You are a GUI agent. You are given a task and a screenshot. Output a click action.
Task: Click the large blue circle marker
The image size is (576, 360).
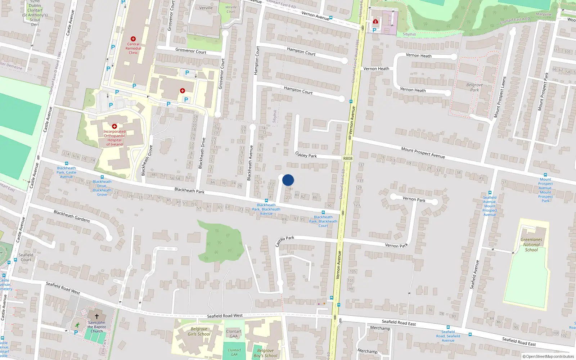point(288,180)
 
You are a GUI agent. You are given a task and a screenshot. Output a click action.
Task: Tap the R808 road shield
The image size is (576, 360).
point(348,158)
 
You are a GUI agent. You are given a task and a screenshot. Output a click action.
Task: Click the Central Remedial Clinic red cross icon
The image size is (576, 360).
point(133,39)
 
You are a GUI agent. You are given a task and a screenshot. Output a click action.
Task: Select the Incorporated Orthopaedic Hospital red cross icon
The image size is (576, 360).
point(114,126)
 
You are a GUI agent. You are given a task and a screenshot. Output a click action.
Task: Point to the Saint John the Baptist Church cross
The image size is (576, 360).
point(96,316)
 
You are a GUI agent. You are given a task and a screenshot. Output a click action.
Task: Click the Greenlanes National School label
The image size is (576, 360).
point(531,244)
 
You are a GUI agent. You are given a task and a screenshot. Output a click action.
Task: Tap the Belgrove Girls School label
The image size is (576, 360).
point(199,332)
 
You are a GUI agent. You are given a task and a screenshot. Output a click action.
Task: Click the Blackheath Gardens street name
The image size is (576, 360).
point(72,216)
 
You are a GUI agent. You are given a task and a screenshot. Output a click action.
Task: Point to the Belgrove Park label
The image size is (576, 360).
point(474,87)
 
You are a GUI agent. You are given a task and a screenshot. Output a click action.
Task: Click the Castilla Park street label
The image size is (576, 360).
point(284,240)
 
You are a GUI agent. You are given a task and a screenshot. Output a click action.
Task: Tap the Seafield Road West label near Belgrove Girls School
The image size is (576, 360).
point(225,316)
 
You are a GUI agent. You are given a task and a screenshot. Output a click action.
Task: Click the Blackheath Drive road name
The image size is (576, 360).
point(202,153)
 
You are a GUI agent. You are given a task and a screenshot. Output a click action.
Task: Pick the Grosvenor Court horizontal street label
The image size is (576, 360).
point(191,51)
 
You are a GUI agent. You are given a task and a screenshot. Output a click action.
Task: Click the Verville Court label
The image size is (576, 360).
point(231,9)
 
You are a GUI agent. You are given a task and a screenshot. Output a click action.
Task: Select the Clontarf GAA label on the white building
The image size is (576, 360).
point(234,334)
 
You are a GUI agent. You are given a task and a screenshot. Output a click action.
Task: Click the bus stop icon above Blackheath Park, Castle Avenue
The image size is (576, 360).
point(66,163)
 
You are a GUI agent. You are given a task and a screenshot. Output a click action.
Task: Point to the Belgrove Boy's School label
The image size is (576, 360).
point(265,353)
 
